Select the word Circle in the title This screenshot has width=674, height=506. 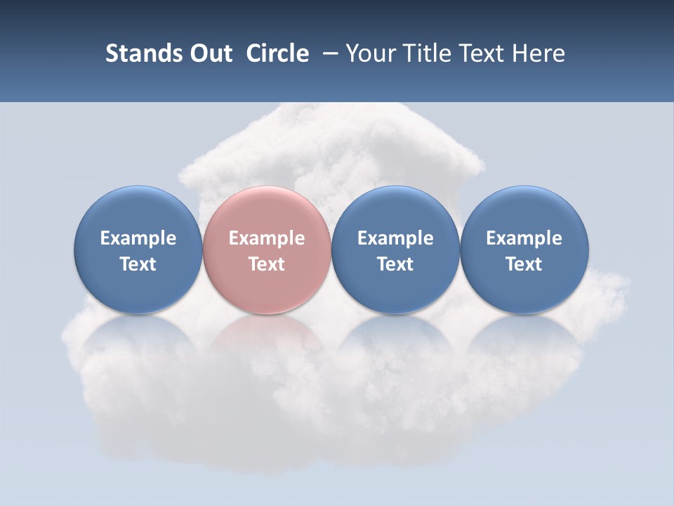[277, 53]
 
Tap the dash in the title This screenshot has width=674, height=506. [327, 53]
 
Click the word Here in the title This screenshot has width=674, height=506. [538, 53]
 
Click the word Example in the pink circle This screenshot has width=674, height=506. [267, 238]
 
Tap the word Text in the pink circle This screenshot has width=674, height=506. [267, 264]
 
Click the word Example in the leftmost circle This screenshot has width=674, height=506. [138, 238]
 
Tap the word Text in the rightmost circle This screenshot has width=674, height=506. [524, 264]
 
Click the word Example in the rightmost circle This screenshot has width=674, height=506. [524, 238]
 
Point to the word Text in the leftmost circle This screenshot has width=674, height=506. [138, 264]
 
